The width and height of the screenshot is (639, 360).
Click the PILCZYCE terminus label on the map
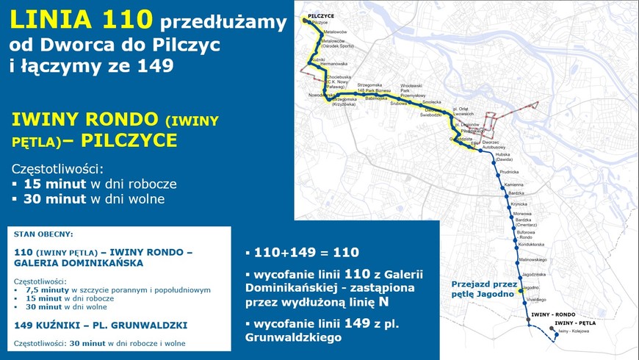[x=320, y=15]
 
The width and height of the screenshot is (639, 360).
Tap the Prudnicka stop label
[x=509, y=171]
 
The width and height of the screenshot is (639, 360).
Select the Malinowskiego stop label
[x=530, y=259]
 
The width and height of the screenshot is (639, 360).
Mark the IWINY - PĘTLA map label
[x=574, y=323]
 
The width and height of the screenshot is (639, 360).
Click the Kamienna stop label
[x=513, y=184]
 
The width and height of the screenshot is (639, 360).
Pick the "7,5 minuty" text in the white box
[x=43, y=289]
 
